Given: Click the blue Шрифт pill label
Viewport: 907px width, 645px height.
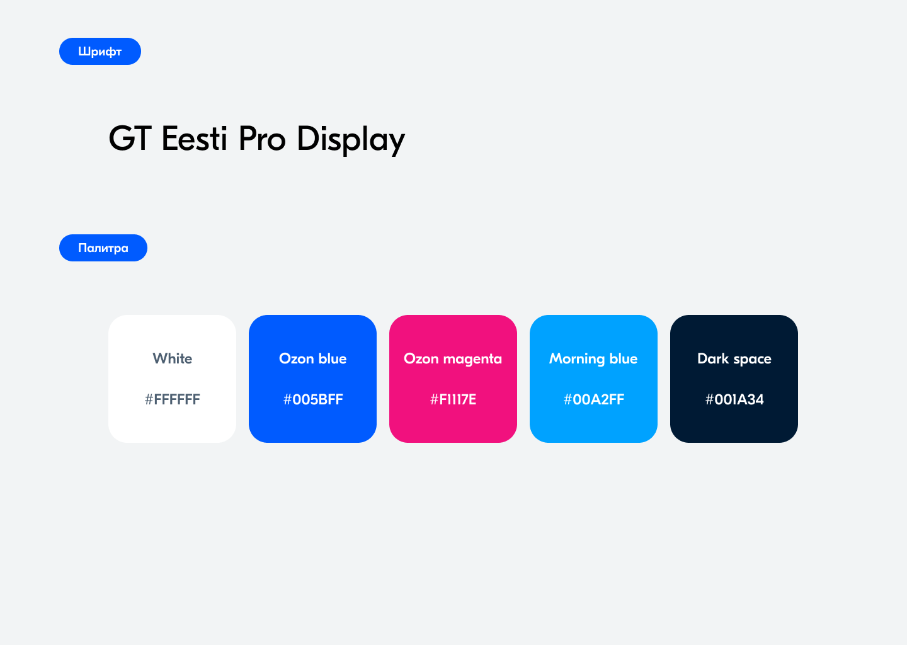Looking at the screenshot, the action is click(100, 52).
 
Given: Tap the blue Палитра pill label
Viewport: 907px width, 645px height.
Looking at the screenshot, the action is click(103, 248).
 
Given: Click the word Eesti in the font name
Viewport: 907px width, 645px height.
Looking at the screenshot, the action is click(194, 139).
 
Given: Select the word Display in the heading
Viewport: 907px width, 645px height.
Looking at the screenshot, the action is click(351, 140).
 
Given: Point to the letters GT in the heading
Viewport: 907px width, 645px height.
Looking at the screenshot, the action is click(130, 139).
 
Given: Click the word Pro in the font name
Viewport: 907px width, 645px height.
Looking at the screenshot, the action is click(262, 139).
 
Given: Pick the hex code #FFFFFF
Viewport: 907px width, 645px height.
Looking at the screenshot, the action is click(173, 399).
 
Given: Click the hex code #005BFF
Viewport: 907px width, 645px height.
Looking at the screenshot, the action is click(313, 399).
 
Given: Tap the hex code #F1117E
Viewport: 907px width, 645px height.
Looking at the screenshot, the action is click(453, 399).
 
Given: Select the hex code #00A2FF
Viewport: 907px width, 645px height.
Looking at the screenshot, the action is click(593, 399).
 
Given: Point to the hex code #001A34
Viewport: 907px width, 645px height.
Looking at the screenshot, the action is click(734, 399).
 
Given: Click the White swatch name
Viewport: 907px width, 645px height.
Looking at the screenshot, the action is click(173, 358).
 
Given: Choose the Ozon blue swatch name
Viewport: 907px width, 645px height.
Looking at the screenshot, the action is click(313, 358).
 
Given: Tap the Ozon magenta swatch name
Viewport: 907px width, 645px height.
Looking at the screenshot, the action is click(453, 359).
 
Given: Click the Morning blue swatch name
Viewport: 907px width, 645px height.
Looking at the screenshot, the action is click(593, 359).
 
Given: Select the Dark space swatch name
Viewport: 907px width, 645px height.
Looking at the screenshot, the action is click(734, 359).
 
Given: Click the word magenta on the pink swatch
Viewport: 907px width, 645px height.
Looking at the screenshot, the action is click(472, 360).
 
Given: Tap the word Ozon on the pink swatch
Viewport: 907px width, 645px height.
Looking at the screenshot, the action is click(421, 359).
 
